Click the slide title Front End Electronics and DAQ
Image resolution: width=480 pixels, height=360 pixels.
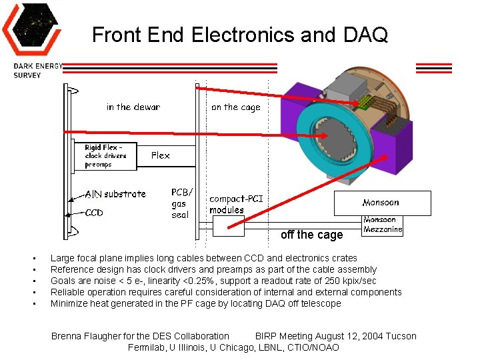(240, 35)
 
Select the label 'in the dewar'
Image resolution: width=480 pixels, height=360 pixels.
(133, 107)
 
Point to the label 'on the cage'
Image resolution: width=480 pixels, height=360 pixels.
(235, 107)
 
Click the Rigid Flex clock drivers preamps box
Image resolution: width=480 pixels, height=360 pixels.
(105, 156)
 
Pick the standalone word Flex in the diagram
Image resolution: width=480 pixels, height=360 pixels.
(160, 155)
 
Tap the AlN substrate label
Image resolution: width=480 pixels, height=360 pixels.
(115, 194)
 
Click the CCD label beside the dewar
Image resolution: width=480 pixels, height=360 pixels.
(94, 213)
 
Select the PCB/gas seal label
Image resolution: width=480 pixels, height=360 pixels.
(181, 203)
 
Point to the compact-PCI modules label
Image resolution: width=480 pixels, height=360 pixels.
(236, 204)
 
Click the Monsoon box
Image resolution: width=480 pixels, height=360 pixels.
(381, 203)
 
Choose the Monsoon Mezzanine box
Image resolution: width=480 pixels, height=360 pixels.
(383, 225)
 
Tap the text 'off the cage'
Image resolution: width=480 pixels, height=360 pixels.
(311, 235)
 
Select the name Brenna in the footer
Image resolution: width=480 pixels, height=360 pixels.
(67, 336)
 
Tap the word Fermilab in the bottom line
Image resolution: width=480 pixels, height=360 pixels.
(147, 347)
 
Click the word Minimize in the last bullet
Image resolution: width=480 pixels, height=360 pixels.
(69, 303)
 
